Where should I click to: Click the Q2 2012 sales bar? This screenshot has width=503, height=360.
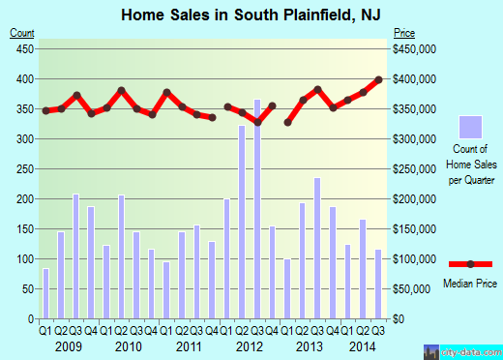(242, 222)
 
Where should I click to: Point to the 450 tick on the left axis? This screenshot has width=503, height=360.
(27, 48)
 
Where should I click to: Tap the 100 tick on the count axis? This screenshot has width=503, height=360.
(27, 259)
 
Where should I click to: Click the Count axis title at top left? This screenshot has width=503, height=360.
(22, 33)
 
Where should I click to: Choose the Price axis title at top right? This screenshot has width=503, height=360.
(402, 33)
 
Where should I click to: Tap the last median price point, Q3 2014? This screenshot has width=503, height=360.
(379, 79)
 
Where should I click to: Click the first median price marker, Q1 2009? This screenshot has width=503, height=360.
(45, 110)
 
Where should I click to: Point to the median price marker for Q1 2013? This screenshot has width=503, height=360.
(288, 122)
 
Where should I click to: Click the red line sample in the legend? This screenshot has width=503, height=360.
(469, 263)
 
